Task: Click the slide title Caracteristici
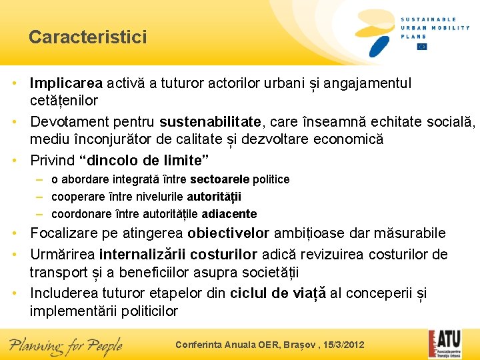click(87, 37)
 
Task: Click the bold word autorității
click(214, 197)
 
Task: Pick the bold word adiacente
click(229, 214)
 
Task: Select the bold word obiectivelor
click(229, 233)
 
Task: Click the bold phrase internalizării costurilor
click(178, 254)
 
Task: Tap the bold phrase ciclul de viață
click(278, 293)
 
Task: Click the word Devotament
click(68, 122)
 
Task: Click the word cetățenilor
click(63, 101)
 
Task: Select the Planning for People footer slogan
click(65, 345)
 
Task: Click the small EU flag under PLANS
click(421, 47)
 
